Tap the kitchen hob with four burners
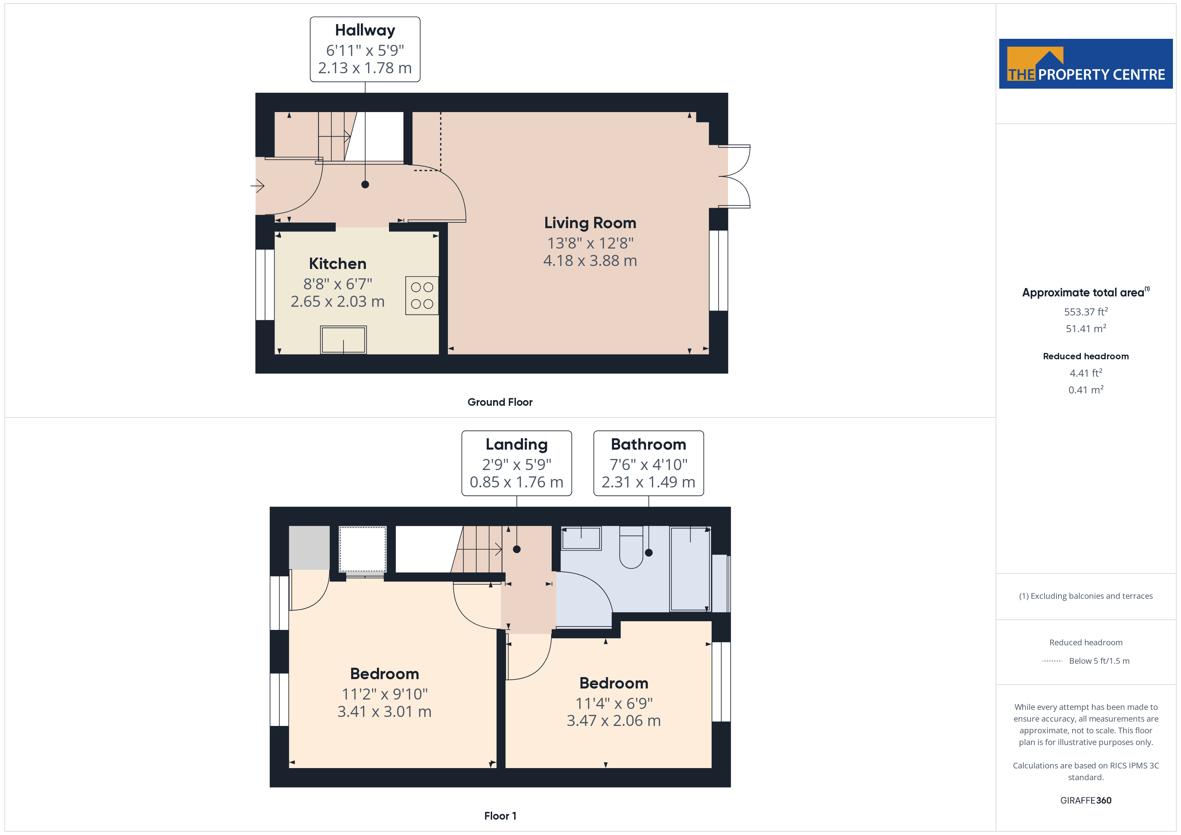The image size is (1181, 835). pyautogui.click(x=422, y=296)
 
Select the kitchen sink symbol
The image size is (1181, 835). pyautogui.click(x=343, y=340)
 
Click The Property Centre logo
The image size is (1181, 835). pyautogui.click(x=1085, y=64)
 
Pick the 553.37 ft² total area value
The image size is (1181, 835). pyautogui.click(x=1085, y=311)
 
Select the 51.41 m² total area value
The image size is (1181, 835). pyautogui.click(x=1085, y=329)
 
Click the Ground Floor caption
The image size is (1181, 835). pyautogui.click(x=499, y=402)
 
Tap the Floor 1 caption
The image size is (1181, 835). pyautogui.click(x=499, y=816)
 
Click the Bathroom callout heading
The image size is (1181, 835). pyautogui.click(x=648, y=444)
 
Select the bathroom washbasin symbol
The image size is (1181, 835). pyautogui.click(x=581, y=538)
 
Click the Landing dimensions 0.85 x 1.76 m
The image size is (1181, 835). pyautogui.click(x=517, y=482)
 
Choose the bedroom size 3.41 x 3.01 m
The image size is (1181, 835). pyautogui.click(x=384, y=712)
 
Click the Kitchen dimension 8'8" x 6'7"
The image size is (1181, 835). pyautogui.click(x=337, y=284)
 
